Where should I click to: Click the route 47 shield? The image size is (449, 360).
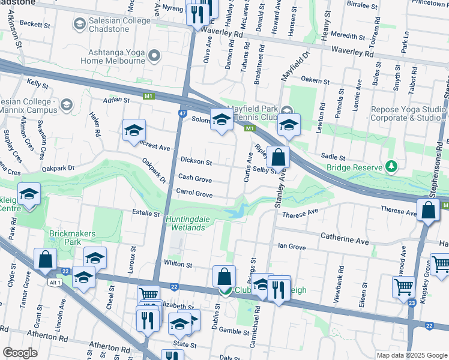pyautogui.click(x=181, y=112)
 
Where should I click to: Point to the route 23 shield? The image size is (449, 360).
pyautogui.click(x=412, y=303)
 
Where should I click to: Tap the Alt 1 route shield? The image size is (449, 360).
pyautogui.click(x=56, y=281)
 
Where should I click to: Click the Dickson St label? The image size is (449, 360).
pyautogui.click(x=197, y=162)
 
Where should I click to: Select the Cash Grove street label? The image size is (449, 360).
pyautogui.click(x=195, y=178)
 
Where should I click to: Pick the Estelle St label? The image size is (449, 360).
pyautogui.click(x=146, y=213)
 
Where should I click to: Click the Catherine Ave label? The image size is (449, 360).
pyautogui.click(x=345, y=239)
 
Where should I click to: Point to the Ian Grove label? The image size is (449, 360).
pyautogui.click(x=292, y=247)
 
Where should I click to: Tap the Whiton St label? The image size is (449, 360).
pyautogui.click(x=178, y=264)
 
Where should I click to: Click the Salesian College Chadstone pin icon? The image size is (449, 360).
pyautogui.click(x=79, y=24)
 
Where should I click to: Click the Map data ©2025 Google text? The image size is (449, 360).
pyautogui.click(x=411, y=355)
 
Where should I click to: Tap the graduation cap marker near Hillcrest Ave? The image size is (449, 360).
pyautogui.click(x=134, y=130)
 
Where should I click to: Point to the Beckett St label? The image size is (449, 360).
pyautogui.click(x=34, y=25)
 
